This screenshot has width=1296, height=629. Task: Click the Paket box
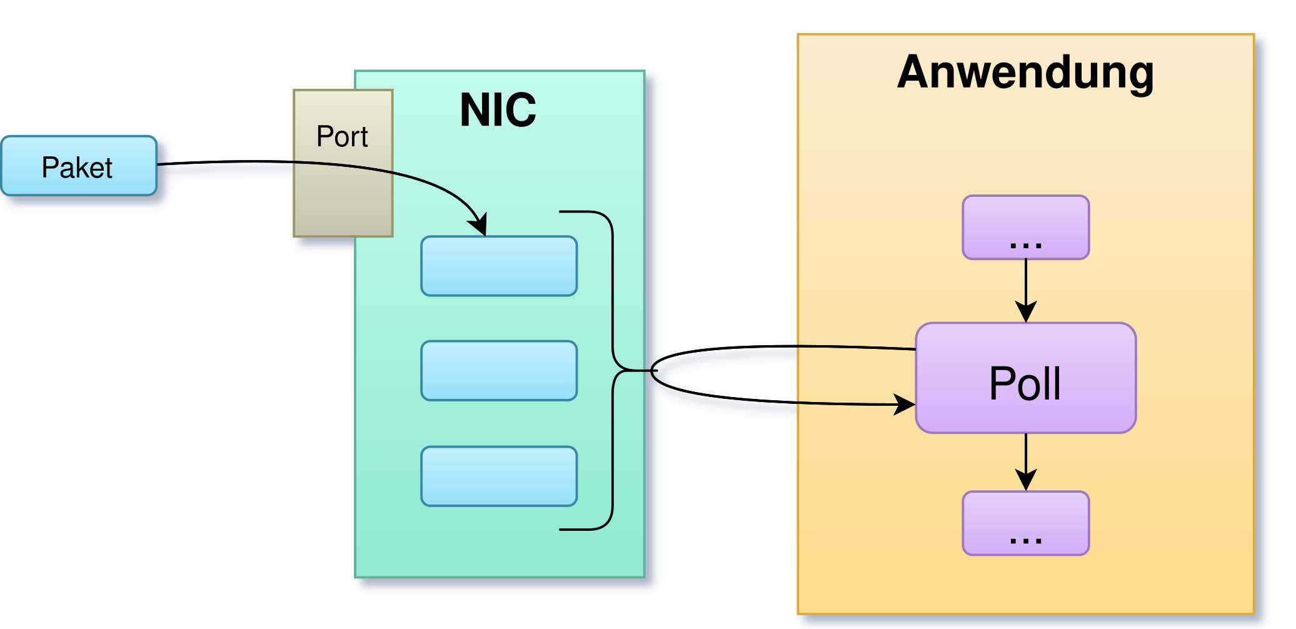tap(79, 166)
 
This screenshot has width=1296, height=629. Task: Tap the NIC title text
tap(498, 111)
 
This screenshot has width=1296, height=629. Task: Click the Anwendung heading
tap(1025, 73)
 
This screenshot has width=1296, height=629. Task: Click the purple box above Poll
tap(1025, 226)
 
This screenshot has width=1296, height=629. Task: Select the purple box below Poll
tap(1025, 523)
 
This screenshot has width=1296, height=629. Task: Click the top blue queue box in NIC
tap(499, 266)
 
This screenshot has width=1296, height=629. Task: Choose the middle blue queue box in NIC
tap(499, 371)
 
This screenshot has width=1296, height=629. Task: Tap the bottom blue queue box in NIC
tap(499, 476)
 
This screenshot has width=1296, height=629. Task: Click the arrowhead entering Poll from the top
tap(1026, 312)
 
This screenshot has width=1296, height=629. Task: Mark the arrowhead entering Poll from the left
tap(905, 404)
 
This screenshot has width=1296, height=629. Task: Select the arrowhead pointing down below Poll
tap(1026, 480)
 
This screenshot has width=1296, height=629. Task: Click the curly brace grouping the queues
tap(613, 371)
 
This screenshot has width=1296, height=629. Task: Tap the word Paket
tap(77, 168)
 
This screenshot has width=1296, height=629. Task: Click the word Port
tap(342, 136)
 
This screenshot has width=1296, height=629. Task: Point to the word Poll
tap(1025, 383)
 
